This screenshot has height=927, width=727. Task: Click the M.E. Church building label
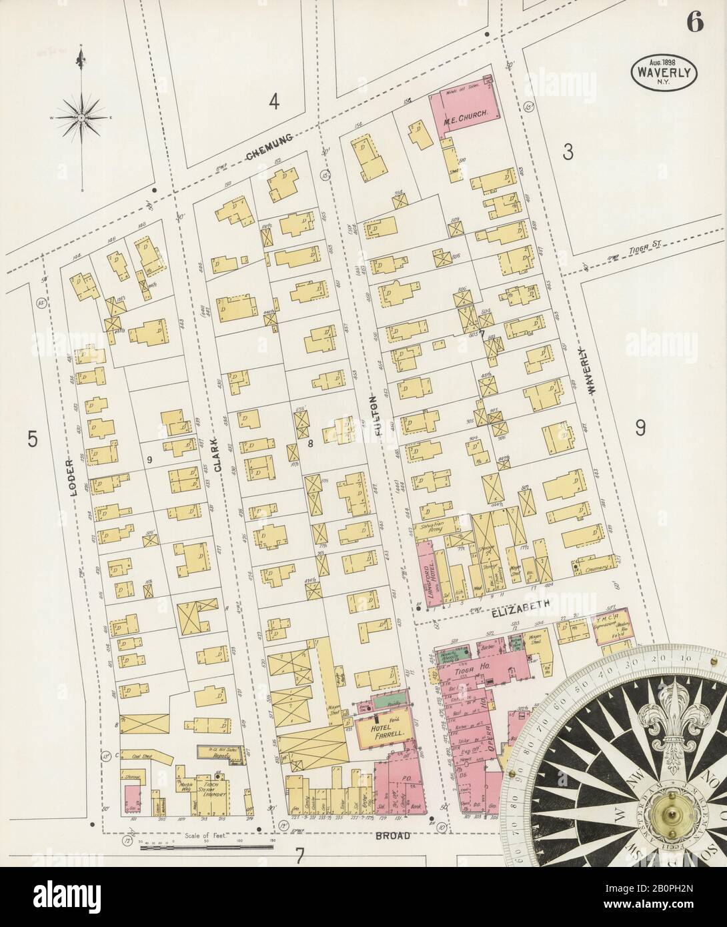[x=469, y=114]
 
